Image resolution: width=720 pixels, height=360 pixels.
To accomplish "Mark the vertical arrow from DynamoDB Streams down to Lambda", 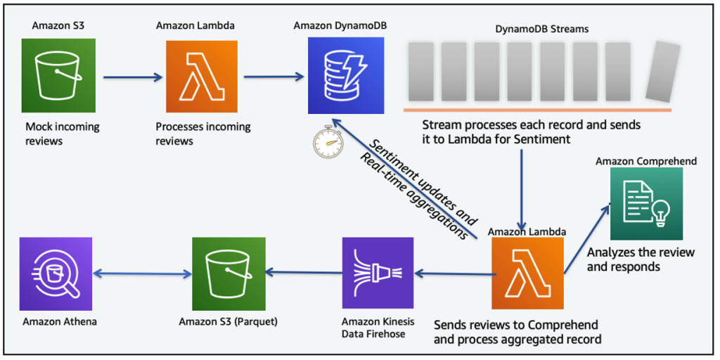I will pos(522,186).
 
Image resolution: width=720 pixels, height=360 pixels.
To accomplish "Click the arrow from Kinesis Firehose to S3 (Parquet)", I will pos(302,273).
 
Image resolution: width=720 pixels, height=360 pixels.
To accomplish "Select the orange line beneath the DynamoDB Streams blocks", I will pos(537,110).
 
